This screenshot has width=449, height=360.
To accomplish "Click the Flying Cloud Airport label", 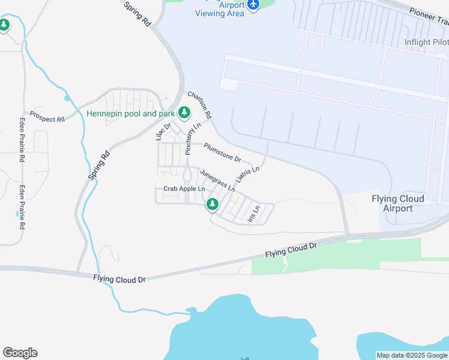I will (x=397, y=203).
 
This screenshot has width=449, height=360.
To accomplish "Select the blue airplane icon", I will (x=253, y=5).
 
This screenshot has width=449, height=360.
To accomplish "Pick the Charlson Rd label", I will (x=200, y=104).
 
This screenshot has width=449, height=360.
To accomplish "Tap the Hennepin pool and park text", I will (x=130, y=113).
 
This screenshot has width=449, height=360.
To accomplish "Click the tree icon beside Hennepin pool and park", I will (x=184, y=112).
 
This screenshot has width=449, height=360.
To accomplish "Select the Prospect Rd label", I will (x=47, y=116).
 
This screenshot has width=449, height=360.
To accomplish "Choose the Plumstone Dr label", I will (x=222, y=152).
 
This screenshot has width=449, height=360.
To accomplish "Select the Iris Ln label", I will (x=254, y=214).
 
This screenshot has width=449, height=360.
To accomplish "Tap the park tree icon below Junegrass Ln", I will (x=212, y=205).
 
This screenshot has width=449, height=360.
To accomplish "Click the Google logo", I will (x=20, y=353).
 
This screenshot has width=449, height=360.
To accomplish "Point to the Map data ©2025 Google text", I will (x=412, y=355).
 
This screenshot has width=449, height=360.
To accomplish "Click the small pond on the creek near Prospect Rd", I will (x=67, y=97).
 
